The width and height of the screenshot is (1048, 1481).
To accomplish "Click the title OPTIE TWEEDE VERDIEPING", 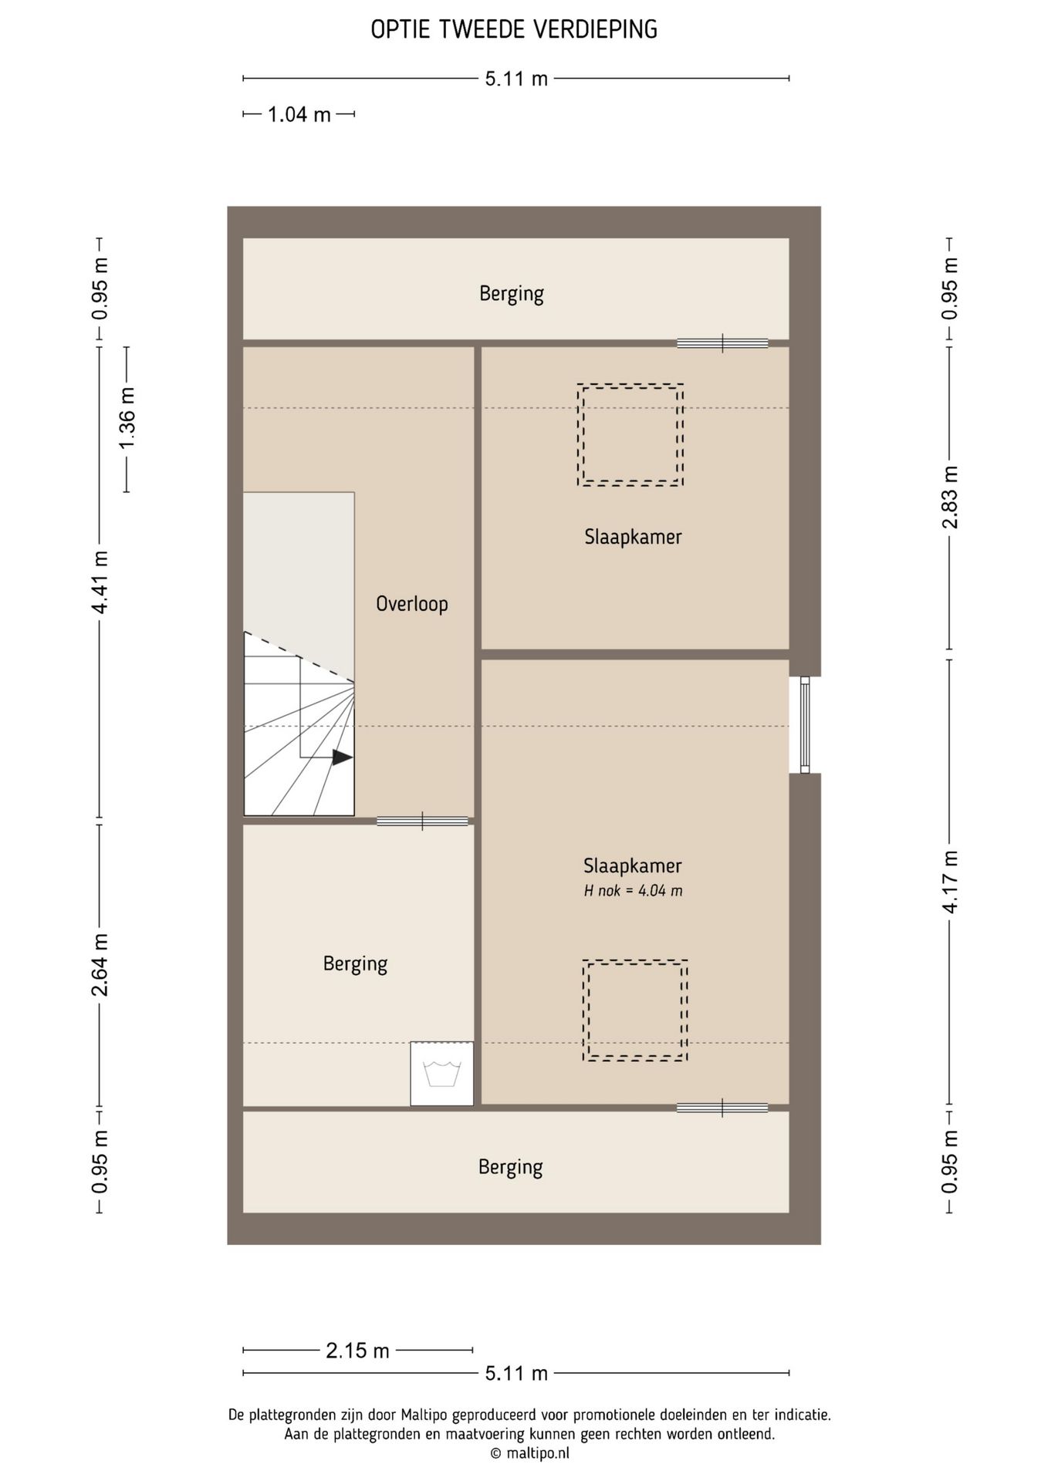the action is [x=514, y=29].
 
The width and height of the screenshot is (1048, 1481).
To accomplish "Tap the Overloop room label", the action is [x=412, y=603].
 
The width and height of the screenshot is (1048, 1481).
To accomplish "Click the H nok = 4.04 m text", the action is [x=633, y=891].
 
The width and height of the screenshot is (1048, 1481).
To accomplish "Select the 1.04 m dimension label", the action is [x=299, y=115].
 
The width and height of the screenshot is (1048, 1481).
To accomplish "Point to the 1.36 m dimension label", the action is [x=127, y=419].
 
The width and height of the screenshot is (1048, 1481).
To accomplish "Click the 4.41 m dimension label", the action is [x=100, y=582].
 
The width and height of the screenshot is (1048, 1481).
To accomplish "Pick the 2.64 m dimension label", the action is [x=100, y=964].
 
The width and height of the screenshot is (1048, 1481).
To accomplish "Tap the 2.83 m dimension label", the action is [x=950, y=498].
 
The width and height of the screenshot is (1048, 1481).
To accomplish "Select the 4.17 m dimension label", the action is [x=950, y=882].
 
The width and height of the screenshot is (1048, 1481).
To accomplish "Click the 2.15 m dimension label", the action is [x=357, y=1351].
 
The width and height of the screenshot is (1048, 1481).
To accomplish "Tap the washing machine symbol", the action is [x=442, y=1074].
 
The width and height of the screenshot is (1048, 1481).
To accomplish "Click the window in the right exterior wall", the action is [x=805, y=725].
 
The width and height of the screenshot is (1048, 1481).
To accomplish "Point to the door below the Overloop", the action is [x=422, y=821].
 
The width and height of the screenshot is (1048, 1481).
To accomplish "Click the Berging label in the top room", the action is [x=512, y=293].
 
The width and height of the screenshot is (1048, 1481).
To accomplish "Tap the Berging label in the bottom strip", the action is [x=511, y=1167].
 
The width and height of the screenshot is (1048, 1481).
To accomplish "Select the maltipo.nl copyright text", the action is [x=530, y=1453].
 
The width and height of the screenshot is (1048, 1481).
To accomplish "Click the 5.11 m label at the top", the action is [x=516, y=79].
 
